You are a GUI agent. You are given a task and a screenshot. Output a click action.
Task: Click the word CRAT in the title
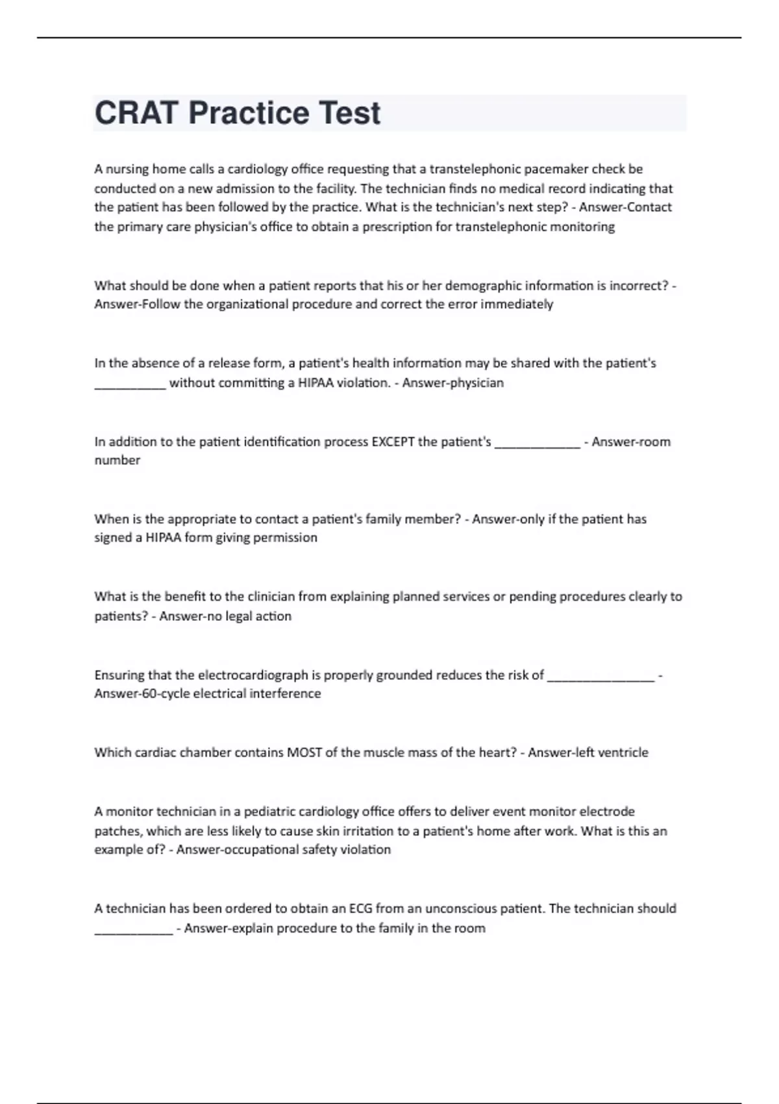(x=136, y=113)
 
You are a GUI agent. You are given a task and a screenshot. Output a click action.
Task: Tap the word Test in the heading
(x=349, y=113)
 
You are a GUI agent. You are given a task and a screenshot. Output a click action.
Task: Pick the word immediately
(x=517, y=305)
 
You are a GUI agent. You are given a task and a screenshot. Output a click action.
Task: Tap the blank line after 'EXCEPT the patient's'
(x=538, y=445)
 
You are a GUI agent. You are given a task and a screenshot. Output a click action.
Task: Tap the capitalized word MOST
(x=304, y=753)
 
